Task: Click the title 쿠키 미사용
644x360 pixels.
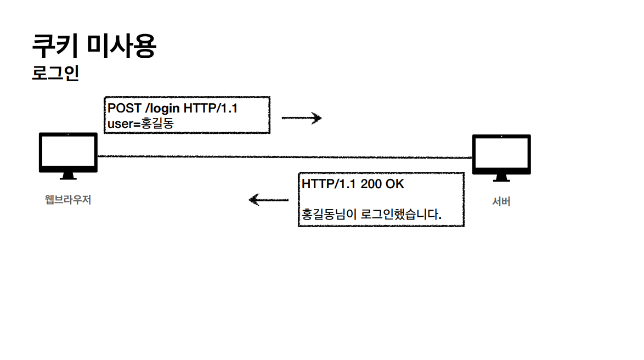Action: pyautogui.click(x=94, y=46)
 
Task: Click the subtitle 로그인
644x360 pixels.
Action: pyautogui.click(x=55, y=74)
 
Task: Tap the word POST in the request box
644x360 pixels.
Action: pyautogui.click(x=124, y=108)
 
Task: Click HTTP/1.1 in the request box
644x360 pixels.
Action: pyautogui.click(x=211, y=108)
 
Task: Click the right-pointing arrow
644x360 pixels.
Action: pyautogui.click(x=301, y=118)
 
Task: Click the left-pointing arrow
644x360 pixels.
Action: pyautogui.click(x=268, y=200)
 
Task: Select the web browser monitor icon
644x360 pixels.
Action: pyautogui.click(x=68, y=153)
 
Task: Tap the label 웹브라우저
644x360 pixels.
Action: pyautogui.click(x=68, y=200)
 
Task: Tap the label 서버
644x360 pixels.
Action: pyautogui.click(x=501, y=201)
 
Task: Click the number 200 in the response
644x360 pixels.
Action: pyautogui.click(x=371, y=184)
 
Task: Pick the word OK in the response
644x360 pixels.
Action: pyautogui.click(x=395, y=184)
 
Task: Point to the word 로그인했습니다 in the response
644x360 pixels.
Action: pyautogui.click(x=400, y=214)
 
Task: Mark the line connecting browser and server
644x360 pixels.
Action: pyautogui.click(x=285, y=157)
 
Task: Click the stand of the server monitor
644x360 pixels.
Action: pyautogui.click(x=501, y=178)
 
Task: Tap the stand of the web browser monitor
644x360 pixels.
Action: pyautogui.click(x=68, y=176)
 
